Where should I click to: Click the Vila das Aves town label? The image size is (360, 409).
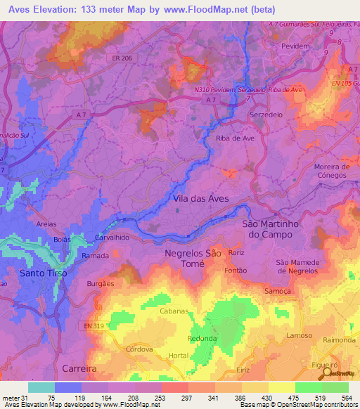(200, 199)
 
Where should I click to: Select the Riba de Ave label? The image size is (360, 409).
(235, 138)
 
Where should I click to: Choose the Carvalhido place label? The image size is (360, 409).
(112, 238)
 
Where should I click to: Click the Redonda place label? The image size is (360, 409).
(202, 338)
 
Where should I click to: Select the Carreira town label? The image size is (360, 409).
(78, 368)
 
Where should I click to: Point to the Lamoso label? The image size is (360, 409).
(300, 336)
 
